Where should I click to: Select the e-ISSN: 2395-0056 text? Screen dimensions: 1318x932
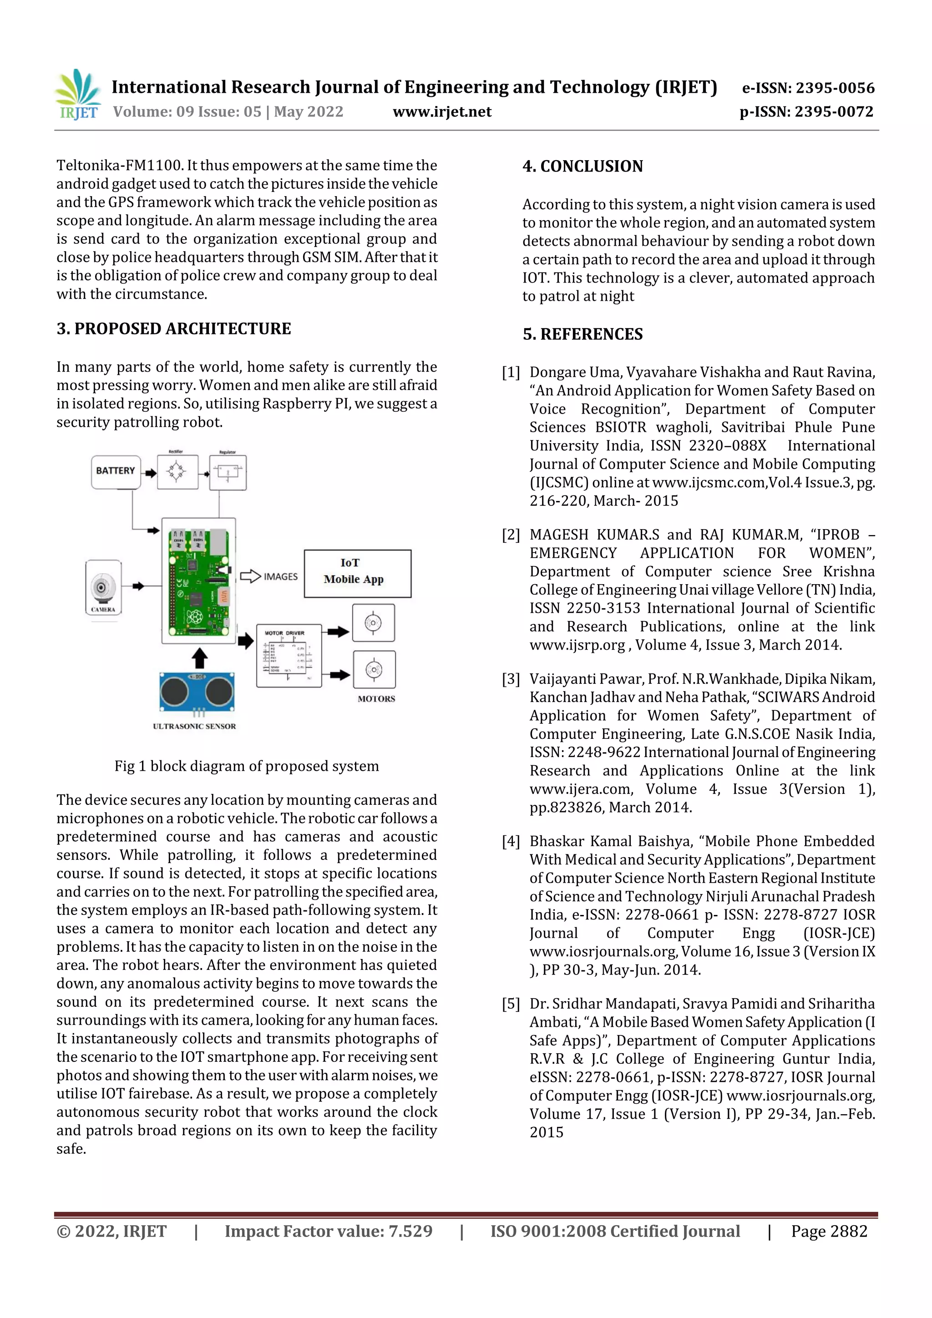[808, 88]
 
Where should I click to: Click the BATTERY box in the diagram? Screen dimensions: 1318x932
[116, 471]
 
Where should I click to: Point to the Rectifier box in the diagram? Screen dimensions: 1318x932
[177, 472]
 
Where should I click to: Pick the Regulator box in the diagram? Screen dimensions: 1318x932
[228, 472]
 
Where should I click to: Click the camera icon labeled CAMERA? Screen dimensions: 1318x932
[103, 587]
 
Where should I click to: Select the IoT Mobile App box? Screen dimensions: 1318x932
[357, 573]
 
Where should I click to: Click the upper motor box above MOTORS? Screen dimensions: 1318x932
[373, 623]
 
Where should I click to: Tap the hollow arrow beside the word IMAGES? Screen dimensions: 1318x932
[250, 576]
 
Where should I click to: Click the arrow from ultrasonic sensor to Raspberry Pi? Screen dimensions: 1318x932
[199, 658]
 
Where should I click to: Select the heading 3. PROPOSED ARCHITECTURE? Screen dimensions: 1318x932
[173, 328]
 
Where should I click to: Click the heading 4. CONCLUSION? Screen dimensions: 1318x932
[582, 167]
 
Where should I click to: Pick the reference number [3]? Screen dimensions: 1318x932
[511, 679]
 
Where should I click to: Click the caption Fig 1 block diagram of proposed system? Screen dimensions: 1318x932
[246, 766]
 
